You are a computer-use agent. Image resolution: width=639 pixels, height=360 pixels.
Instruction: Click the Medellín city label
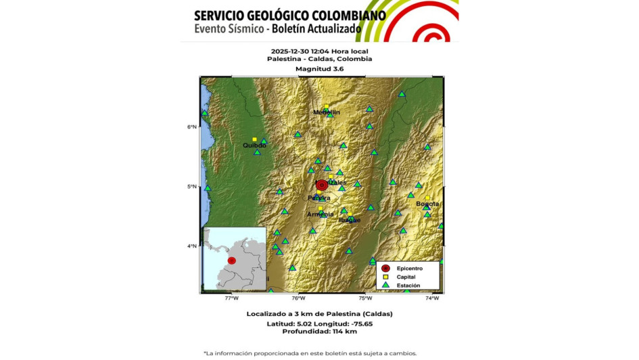pos(327,112)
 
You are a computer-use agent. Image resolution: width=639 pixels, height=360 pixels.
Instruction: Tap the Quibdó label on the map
pos(255,145)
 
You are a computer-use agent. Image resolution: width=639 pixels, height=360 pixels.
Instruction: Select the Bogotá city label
pos(427,204)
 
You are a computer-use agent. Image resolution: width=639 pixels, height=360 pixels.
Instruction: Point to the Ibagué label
pos(350,220)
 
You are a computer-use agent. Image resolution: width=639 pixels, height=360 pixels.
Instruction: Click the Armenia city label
pos(321,215)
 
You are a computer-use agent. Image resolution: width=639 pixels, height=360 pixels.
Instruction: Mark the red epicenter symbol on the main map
pos(323,185)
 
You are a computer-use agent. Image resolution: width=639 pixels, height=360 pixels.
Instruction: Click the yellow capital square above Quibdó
pos(255,139)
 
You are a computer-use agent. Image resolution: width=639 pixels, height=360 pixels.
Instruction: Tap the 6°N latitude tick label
pos(192,127)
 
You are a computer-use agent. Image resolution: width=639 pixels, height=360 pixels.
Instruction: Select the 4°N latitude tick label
pos(192,246)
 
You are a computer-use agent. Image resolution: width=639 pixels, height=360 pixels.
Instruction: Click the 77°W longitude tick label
pos(232,298)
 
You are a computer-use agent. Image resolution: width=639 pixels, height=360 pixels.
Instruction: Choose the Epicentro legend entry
pos(409,269)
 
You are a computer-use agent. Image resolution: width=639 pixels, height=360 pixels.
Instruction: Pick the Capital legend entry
pos(406,277)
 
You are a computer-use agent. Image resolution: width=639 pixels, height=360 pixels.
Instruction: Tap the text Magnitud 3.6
pos(319,69)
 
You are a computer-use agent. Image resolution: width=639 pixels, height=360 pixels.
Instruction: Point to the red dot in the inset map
pos(232,261)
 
